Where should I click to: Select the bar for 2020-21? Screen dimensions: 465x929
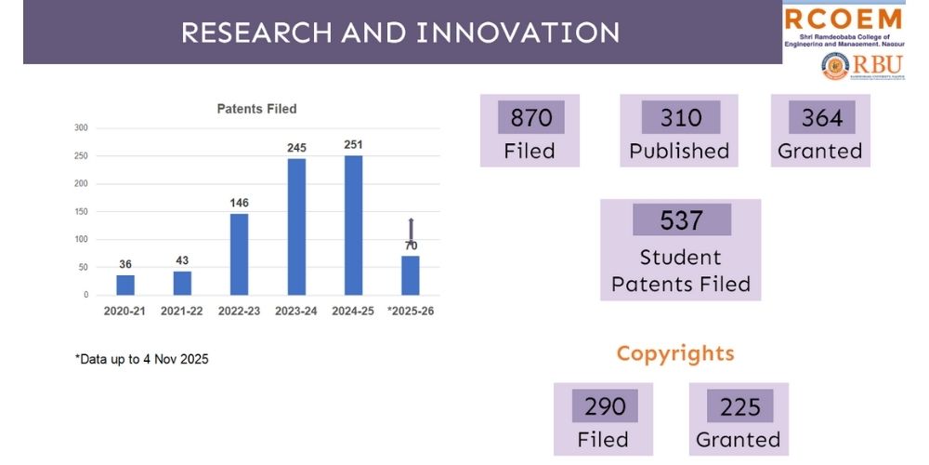coord(125,285)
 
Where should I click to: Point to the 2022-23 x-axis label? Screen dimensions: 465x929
coord(240,311)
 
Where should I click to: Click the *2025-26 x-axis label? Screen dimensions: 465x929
coord(410,311)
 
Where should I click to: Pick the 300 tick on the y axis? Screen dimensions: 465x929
coord(81,128)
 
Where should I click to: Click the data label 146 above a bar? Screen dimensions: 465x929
coord(239,203)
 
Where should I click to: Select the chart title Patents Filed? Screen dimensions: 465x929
coord(256,109)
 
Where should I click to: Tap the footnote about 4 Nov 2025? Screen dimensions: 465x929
coord(141,359)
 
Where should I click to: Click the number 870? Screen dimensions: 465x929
coord(530,118)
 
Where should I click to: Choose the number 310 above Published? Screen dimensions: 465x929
coord(679,118)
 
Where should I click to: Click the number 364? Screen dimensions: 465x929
coord(820,118)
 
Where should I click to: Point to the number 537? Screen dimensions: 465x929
coord(681,220)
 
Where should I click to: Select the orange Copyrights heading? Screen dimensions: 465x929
coord(675,353)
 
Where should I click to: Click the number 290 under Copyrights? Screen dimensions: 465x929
coord(603,406)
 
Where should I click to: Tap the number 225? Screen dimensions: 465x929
coord(739,406)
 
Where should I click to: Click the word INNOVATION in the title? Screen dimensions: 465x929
coord(518,33)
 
